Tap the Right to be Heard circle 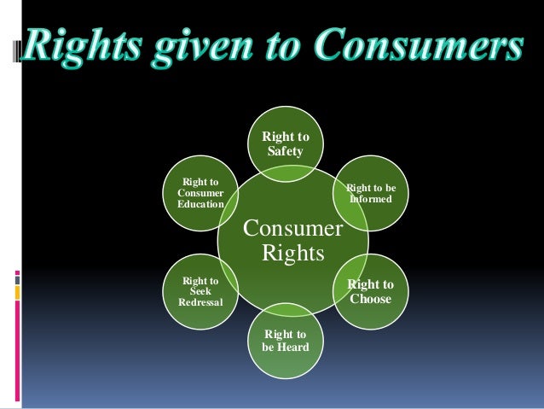(285, 341)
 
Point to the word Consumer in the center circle (292, 229)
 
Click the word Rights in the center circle (292, 254)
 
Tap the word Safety (285, 151)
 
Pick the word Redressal (200, 302)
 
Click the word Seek (200, 291)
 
